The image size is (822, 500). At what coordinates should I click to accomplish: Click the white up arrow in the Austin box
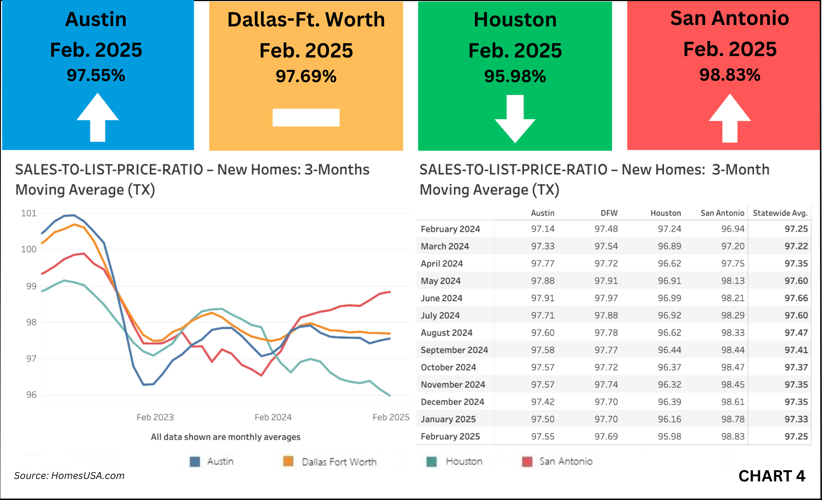coord(97,118)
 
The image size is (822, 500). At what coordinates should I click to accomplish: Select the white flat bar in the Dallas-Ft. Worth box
coord(306,117)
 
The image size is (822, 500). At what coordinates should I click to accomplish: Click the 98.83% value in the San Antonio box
coord(730,75)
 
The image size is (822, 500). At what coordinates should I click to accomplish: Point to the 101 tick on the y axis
coord(29,213)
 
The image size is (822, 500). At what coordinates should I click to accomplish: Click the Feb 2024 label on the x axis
coord(273,417)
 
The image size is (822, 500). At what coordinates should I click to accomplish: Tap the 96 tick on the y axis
coord(31,395)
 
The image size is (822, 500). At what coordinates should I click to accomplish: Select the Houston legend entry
coord(454,461)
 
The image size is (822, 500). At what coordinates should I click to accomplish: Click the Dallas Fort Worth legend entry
coord(330,462)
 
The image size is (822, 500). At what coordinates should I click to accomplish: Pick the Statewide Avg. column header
coord(780,213)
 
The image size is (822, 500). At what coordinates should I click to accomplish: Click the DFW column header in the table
coord(609,213)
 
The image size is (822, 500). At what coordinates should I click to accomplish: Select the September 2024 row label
coord(454,350)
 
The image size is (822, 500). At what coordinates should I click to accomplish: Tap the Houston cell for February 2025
coord(669,436)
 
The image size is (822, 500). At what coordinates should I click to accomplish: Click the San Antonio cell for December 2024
coord(733,402)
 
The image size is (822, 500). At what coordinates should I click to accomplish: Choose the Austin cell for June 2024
coord(542,298)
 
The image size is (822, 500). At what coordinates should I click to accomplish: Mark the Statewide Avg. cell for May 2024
coord(796,281)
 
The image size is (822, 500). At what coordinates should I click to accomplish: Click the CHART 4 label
coord(772,476)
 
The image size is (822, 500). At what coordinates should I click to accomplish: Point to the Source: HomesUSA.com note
coord(69,476)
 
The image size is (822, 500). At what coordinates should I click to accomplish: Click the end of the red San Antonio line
coord(390,292)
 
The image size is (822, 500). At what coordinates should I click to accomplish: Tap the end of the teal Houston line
coord(390,395)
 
